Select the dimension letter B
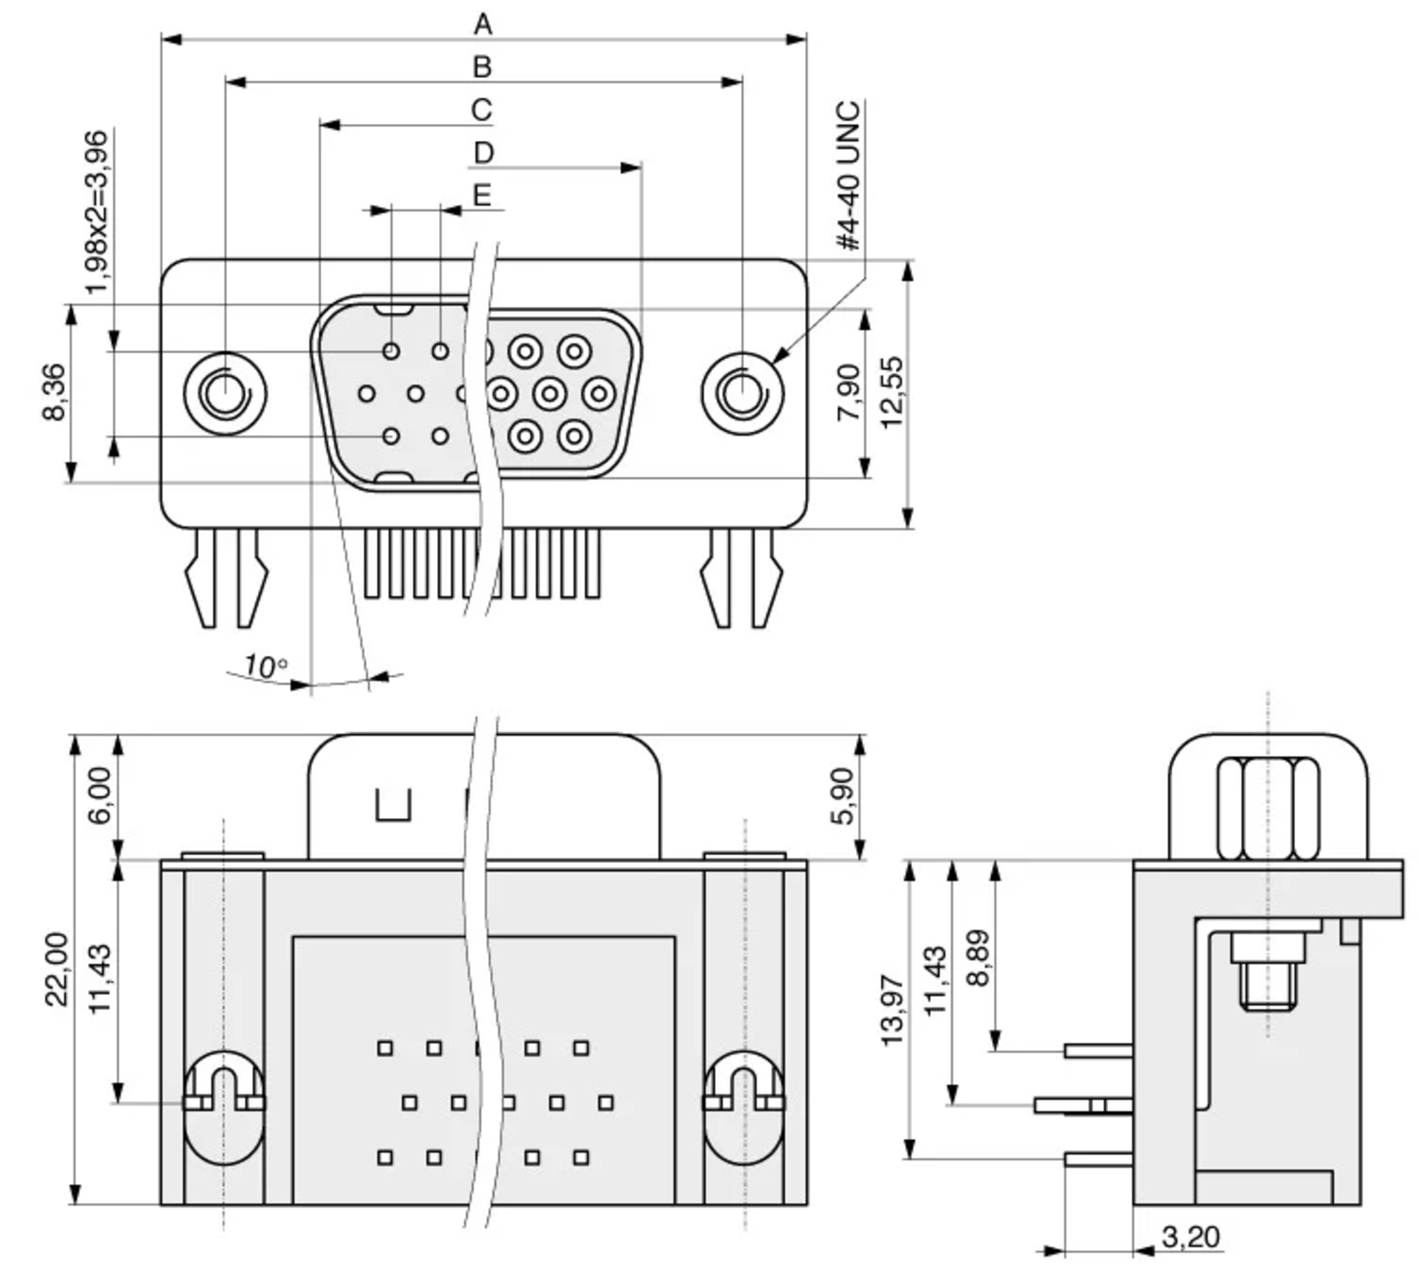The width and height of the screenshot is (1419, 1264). (x=482, y=67)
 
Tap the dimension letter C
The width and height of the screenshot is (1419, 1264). (x=481, y=110)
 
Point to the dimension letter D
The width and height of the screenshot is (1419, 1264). (x=484, y=152)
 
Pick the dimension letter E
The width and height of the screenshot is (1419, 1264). (x=482, y=195)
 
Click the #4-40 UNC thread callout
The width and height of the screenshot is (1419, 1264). (x=849, y=175)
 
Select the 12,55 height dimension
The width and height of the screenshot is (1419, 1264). (x=893, y=393)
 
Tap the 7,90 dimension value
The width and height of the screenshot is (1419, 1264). (x=849, y=393)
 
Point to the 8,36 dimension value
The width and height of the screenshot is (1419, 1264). (x=54, y=393)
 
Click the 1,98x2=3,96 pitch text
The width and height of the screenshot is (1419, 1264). (x=96, y=212)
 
